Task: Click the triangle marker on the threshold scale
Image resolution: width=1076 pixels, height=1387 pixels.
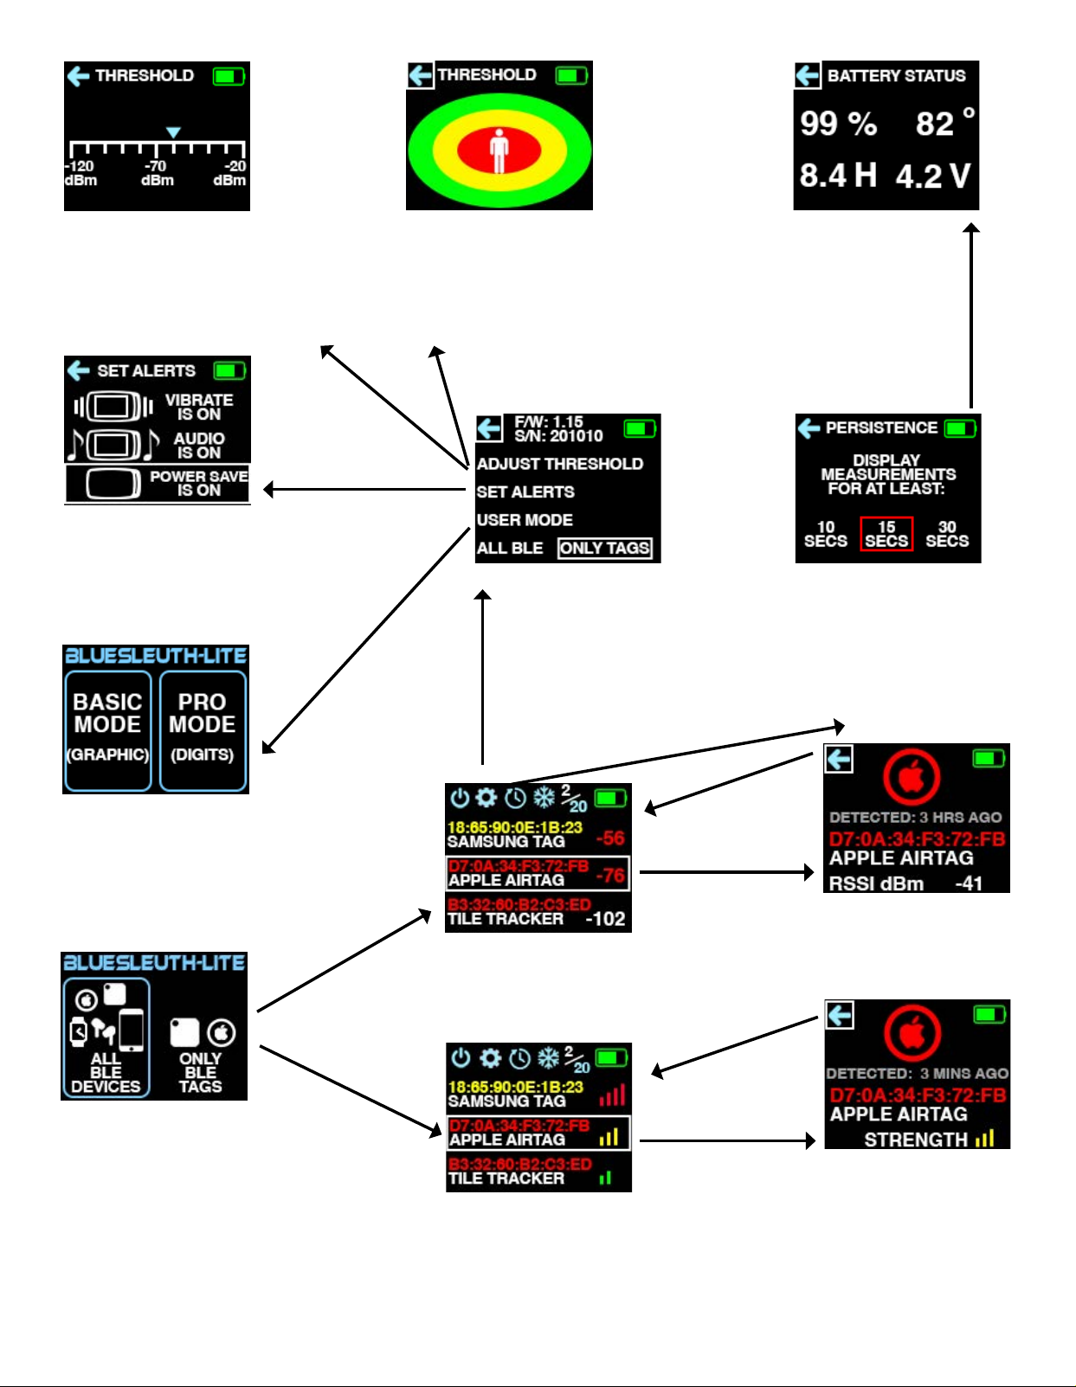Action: click(173, 132)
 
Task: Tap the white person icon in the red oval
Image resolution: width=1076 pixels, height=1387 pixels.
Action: click(499, 151)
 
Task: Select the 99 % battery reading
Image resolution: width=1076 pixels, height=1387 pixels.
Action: click(838, 124)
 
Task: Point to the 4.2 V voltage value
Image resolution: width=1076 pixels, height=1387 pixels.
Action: click(933, 177)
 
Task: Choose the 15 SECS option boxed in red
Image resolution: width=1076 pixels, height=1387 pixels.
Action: click(886, 534)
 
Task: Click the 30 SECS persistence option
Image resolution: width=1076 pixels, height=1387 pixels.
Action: click(947, 534)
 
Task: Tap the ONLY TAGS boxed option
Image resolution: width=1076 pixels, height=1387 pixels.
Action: click(604, 548)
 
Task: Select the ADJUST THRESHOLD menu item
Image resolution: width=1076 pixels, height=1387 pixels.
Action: click(559, 464)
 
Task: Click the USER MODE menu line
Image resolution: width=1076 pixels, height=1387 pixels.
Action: click(525, 520)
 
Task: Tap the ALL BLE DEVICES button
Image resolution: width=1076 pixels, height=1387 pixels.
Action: click(106, 1037)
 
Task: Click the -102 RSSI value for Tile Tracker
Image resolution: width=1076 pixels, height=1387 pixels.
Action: click(605, 919)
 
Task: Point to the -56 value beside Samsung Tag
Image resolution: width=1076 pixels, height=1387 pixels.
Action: click(610, 838)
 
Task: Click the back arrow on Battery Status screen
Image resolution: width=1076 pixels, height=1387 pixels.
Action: click(807, 75)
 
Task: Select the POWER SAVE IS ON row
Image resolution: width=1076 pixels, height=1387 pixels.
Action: click(157, 483)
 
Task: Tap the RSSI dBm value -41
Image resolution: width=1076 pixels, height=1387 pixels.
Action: click(969, 883)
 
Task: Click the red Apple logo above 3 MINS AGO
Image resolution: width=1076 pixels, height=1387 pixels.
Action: click(912, 1032)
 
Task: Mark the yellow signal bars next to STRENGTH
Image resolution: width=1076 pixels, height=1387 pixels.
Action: click(984, 1139)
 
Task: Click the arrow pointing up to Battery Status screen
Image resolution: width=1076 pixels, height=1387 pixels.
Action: click(971, 311)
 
